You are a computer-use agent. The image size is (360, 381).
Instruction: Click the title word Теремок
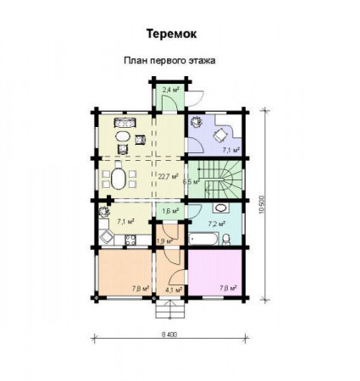[x=174, y=36]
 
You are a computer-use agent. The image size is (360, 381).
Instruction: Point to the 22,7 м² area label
[x=164, y=177]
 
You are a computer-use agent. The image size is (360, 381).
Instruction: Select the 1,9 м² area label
[x=164, y=241]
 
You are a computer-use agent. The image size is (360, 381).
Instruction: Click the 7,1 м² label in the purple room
[x=229, y=150]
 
